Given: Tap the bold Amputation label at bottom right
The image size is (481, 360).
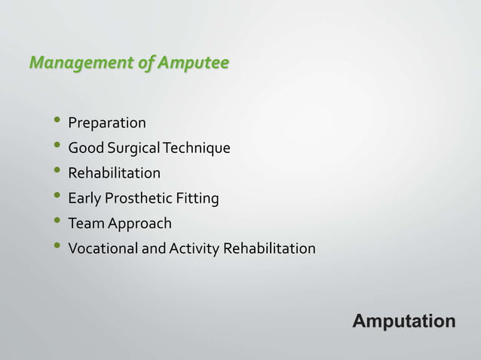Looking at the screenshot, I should (x=404, y=322).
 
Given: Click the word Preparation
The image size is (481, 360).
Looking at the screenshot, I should (x=107, y=123).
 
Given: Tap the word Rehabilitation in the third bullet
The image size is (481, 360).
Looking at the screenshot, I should (x=114, y=173).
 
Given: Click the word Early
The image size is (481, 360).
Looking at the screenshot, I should (x=84, y=199).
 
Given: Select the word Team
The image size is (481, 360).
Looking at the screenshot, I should (x=85, y=224).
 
